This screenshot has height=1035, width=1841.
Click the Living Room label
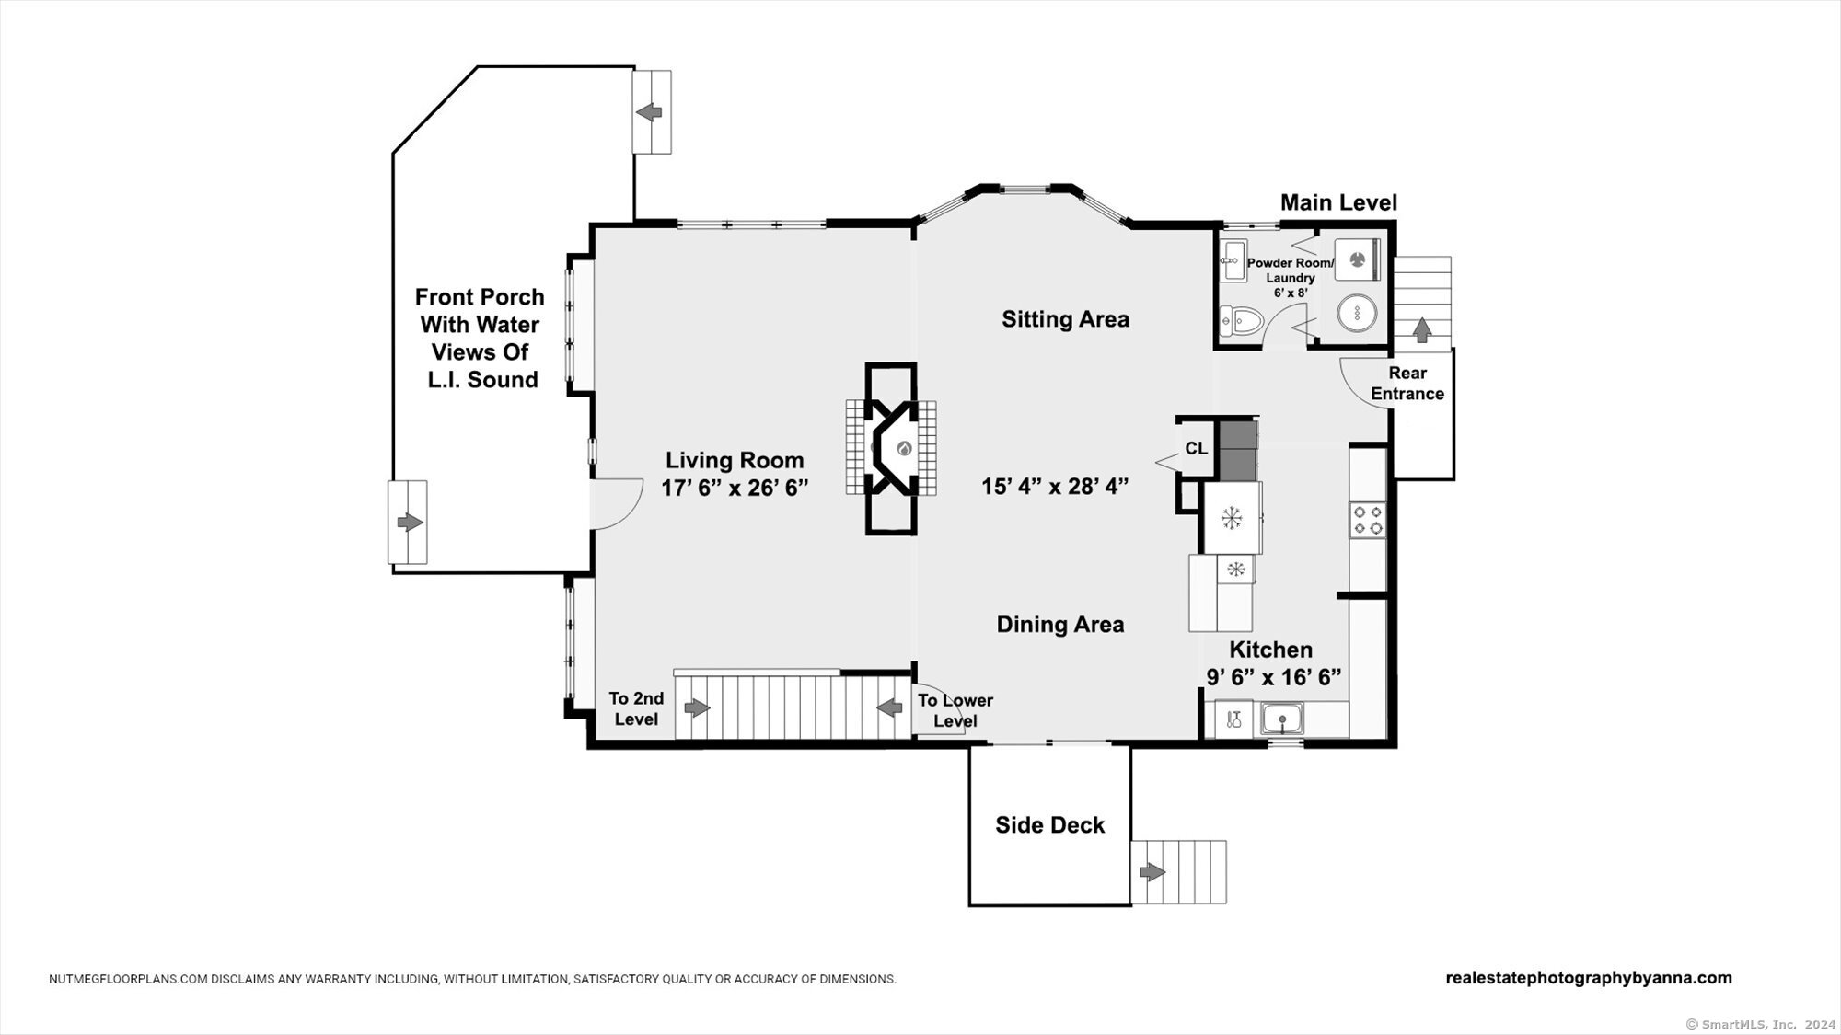735,460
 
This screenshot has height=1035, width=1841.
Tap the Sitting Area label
1065,319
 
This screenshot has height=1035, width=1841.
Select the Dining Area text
1060,625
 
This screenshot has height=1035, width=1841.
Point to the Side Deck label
1049,825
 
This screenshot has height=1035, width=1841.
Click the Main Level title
1338,202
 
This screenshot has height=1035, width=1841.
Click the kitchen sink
1280,718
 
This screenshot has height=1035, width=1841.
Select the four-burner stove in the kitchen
1367,520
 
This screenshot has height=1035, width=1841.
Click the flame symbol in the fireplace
904,449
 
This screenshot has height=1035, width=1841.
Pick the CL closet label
1196,449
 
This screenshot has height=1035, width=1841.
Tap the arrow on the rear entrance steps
1421,328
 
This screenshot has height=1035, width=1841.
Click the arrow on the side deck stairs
1152,872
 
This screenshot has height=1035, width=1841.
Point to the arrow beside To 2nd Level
697,707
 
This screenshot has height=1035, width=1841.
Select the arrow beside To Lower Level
888,707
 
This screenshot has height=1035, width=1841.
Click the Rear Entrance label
1407,384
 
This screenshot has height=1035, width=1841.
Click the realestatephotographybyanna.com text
1589,978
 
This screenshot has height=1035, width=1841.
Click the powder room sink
1232,259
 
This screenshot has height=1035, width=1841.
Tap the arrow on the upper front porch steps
649,112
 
